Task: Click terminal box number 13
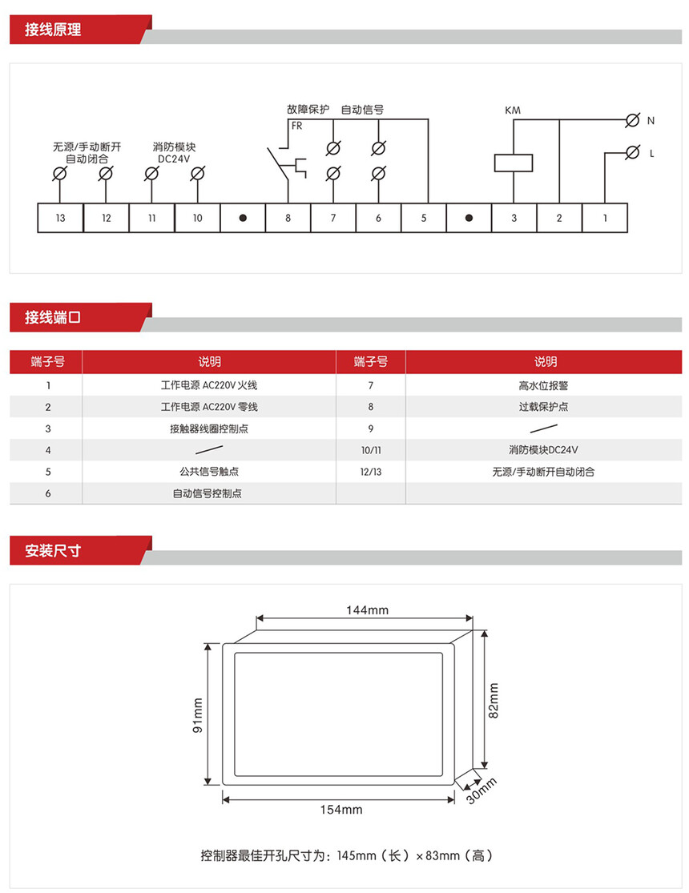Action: click(61, 219)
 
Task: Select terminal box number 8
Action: click(288, 219)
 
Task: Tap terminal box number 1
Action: click(605, 219)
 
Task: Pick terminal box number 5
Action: click(424, 219)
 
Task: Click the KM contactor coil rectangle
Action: click(513, 161)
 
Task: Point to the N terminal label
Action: click(651, 121)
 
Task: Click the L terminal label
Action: click(651, 153)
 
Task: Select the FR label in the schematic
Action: click(296, 127)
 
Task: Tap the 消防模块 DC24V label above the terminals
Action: click(175, 152)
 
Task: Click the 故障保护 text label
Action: click(308, 110)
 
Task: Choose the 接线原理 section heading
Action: click(53, 30)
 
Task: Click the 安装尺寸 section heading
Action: click(53, 551)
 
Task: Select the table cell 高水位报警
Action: click(543, 385)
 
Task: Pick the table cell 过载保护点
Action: click(543, 407)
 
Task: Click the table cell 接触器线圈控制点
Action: click(209, 428)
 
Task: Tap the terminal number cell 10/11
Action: click(371, 450)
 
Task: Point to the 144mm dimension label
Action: click(367, 610)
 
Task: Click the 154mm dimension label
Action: click(341, 810)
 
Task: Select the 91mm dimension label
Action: click(198, 715)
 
